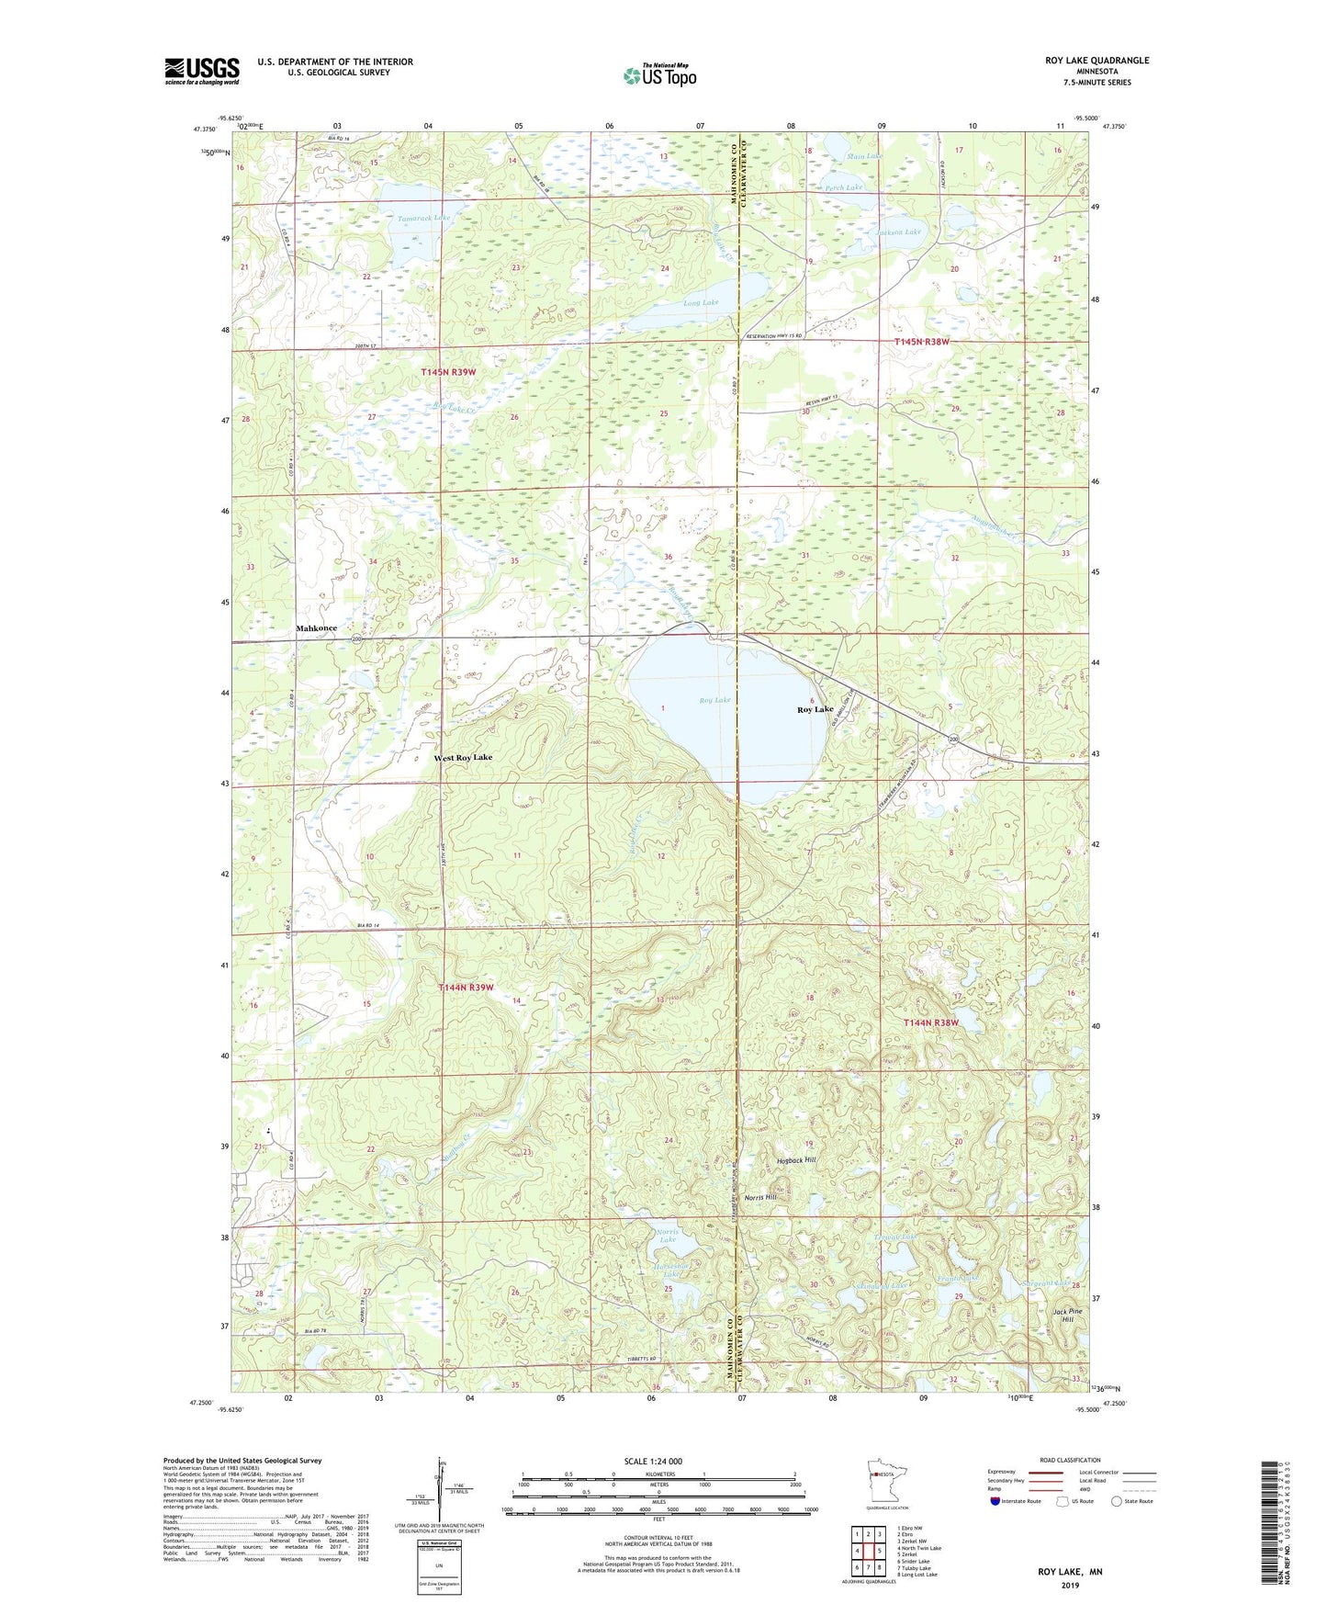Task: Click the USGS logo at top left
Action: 202,71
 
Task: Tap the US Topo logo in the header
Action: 658,75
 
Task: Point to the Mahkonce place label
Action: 316,628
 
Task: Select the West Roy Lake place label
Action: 462,758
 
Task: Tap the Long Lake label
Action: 702,302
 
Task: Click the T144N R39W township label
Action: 467,988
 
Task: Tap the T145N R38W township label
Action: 921,342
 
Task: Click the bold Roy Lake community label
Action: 815,709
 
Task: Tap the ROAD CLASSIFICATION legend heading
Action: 1070,1460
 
